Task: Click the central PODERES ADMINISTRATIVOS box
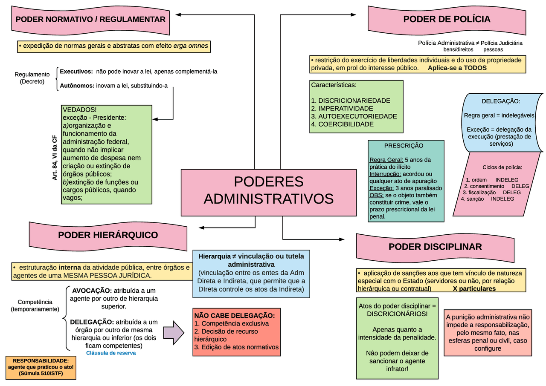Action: click(268, 193)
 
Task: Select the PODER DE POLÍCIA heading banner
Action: click(446, 19)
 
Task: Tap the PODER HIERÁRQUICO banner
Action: click(108, 235)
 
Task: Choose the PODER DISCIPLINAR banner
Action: click(435, 247)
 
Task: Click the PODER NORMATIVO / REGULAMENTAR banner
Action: click(90, 19)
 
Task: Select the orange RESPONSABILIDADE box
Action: click(41, 367)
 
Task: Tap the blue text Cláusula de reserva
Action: click(111, 353)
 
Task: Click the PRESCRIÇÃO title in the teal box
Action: click(404, 146)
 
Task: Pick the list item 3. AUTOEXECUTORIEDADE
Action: click(354, 116)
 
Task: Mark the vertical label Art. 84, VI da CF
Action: click(55, 158)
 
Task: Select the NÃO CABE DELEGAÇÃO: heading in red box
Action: click(234, 316)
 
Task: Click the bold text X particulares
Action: click(474, 289)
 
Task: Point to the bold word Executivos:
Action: click(76, 72)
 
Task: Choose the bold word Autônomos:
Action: click(77, 86)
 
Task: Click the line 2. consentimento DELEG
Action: click(497, 186)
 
